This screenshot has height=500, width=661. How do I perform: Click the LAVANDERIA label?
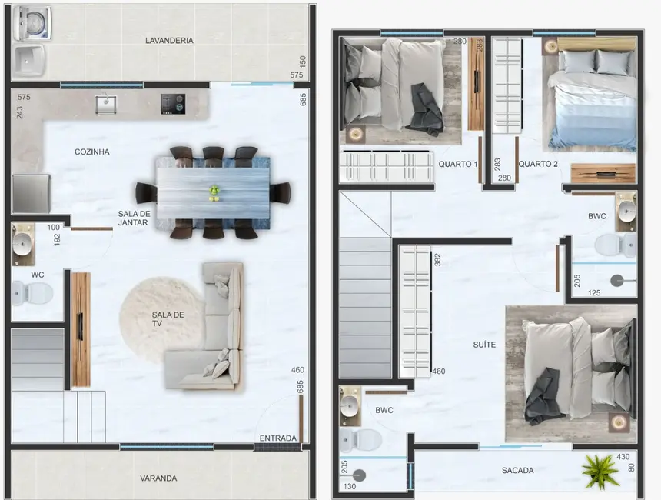coord(168,40)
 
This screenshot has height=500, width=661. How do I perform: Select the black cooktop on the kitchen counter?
coord(172,103)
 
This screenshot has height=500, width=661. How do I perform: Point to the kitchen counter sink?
coord(106,103)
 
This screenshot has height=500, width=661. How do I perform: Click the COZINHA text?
coord(91,152)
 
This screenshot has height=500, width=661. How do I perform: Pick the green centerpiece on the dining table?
coord(214,192)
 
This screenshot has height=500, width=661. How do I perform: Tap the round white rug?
coord(160,319)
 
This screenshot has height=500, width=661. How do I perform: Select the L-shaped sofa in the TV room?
coord(208,331)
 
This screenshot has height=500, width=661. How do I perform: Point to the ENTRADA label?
coord(277,438)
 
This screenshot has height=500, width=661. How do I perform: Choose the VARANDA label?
coord(158,478)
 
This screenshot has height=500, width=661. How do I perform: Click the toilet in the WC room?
coord(29,292)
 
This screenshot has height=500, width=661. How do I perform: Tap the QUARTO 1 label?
coord(458,164)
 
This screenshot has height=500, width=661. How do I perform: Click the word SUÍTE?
coord(484,345)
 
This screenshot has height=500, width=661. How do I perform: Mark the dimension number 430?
coord(623,456)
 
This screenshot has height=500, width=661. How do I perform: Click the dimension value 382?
coord(437,260)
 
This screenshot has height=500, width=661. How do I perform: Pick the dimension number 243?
coord(19,112)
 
